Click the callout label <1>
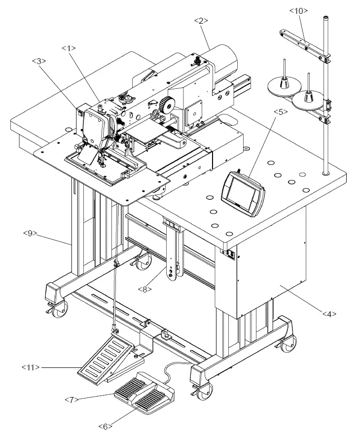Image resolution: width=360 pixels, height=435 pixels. click(69, 48)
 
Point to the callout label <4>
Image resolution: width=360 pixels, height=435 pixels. click(330, 313)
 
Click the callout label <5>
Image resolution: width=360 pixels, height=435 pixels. click(280, 112)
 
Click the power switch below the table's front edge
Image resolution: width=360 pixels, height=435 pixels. click(230, 254)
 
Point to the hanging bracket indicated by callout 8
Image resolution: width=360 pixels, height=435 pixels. click(174, 252)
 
